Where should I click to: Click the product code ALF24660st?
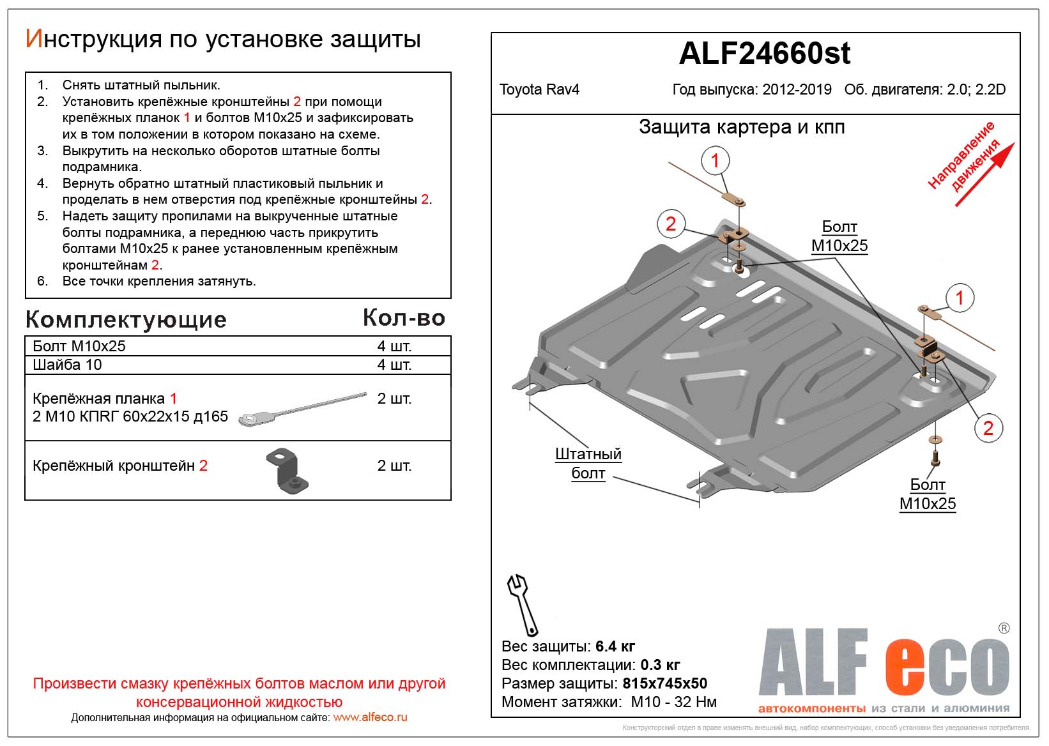click(x=764, y=54)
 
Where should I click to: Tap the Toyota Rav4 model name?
click(x=539, y=89)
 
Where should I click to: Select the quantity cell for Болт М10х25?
click(x=394, y=346)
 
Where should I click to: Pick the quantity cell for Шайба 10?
click(x=394, y=365)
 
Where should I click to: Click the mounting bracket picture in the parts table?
click(x=287, y=471)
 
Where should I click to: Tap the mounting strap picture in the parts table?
click(x=302, y=409)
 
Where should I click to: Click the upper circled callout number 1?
click(x=715, y=160)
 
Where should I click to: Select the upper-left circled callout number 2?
click(x=671, y=224)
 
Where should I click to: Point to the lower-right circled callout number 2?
click(x=988, y=428)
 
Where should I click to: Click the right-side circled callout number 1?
click(x=959, y=298)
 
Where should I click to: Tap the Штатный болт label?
click(x=588, y=464)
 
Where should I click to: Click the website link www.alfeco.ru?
click(x=370, y=717)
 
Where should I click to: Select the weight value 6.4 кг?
click(x=615, y=646)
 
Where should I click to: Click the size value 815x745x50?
click(x=664, y=683)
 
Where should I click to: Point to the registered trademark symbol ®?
click(x=1004, y=628)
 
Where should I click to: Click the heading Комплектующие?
click(x=126, y=319)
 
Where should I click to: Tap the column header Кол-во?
click(x=404, y=317)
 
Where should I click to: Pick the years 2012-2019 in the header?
click(x=797, y=89)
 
